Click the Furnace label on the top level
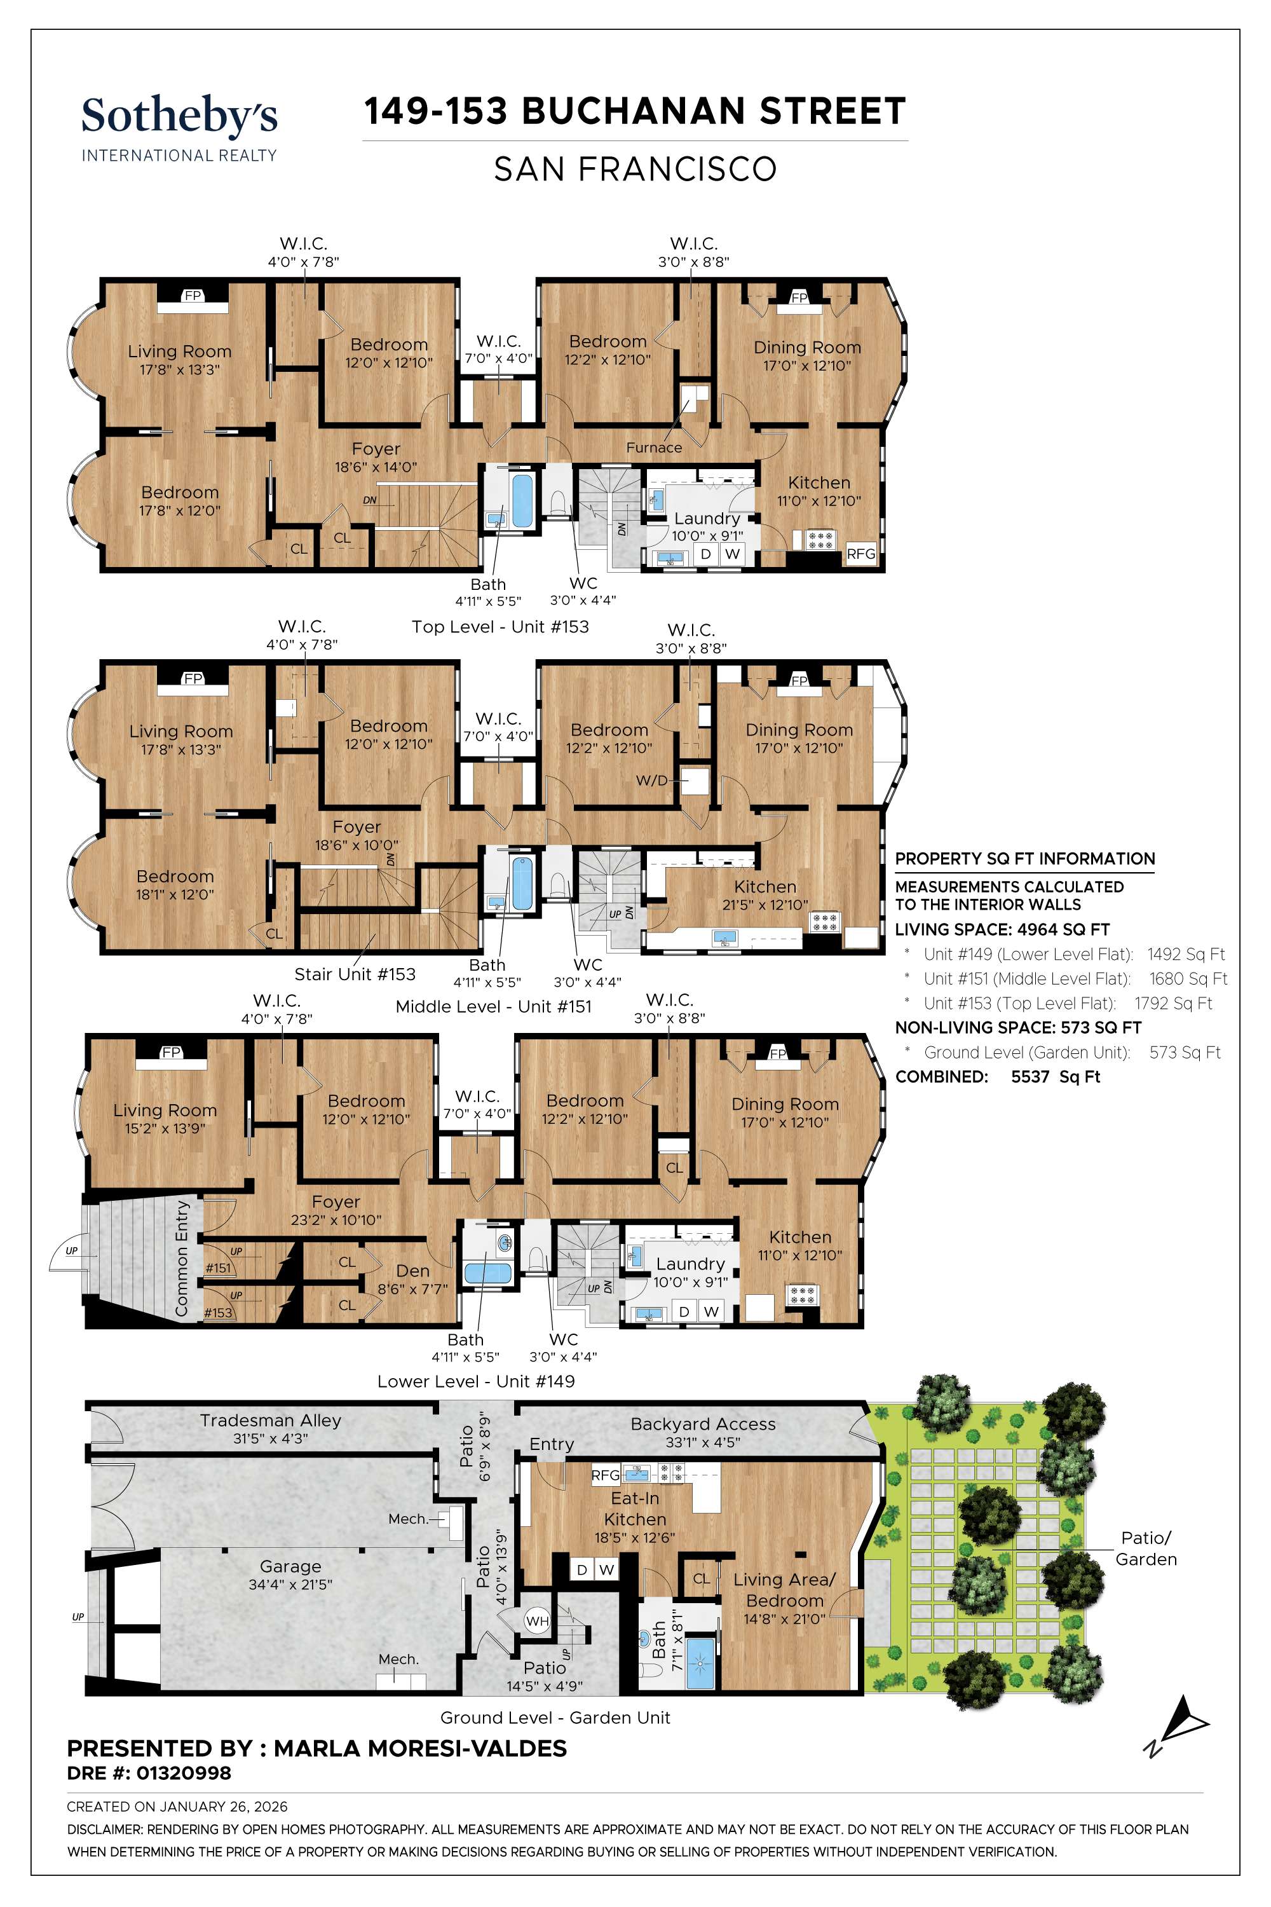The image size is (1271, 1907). [x=653, y=448]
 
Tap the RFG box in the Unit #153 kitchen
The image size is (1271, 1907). [x=861, y=554]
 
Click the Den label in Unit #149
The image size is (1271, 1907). [x=412, y=1271]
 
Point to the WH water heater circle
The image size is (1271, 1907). [x=538, y=1621]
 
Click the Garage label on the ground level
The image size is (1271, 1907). [x=290, y=1566]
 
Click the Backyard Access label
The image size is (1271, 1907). [x=703, y=1424]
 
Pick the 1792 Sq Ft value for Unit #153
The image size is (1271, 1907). [x=1173, y=1003]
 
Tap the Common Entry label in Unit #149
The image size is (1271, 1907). [x=182, y=1259]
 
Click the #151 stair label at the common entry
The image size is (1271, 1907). [x=217, y=1268]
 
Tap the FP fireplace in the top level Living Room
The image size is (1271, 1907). [x=192, y=296]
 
